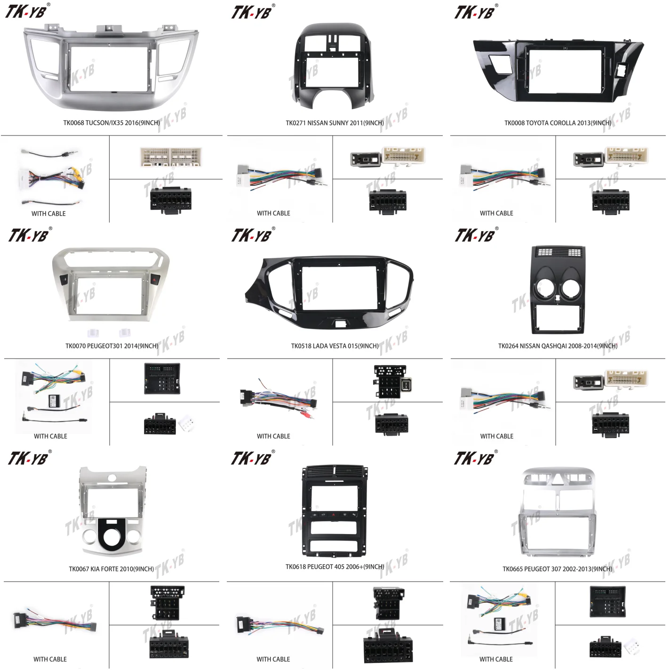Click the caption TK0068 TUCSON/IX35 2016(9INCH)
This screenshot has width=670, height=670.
[112, 123]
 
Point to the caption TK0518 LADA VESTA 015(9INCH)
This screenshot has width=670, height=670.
[335, 346]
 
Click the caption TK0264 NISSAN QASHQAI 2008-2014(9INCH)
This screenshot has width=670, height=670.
[558, 346]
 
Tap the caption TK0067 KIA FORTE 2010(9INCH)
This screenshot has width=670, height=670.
[112, 569]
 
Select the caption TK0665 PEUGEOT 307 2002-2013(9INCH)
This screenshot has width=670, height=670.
[558, 569]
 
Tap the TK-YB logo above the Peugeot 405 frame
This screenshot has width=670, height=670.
[252, 458]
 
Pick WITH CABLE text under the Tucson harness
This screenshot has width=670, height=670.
[48, 214]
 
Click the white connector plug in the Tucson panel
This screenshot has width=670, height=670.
[171, 158]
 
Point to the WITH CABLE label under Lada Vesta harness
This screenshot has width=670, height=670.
[273, 436]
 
